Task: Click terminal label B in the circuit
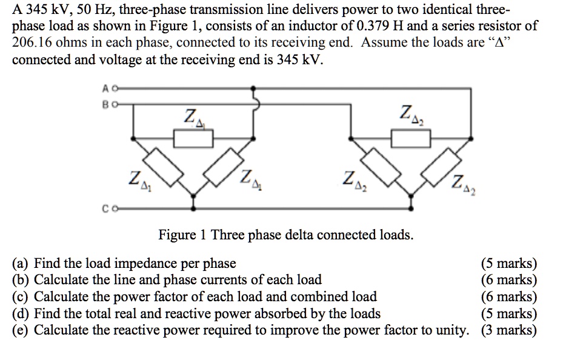105,104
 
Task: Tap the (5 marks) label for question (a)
508,264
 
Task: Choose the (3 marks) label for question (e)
508,330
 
